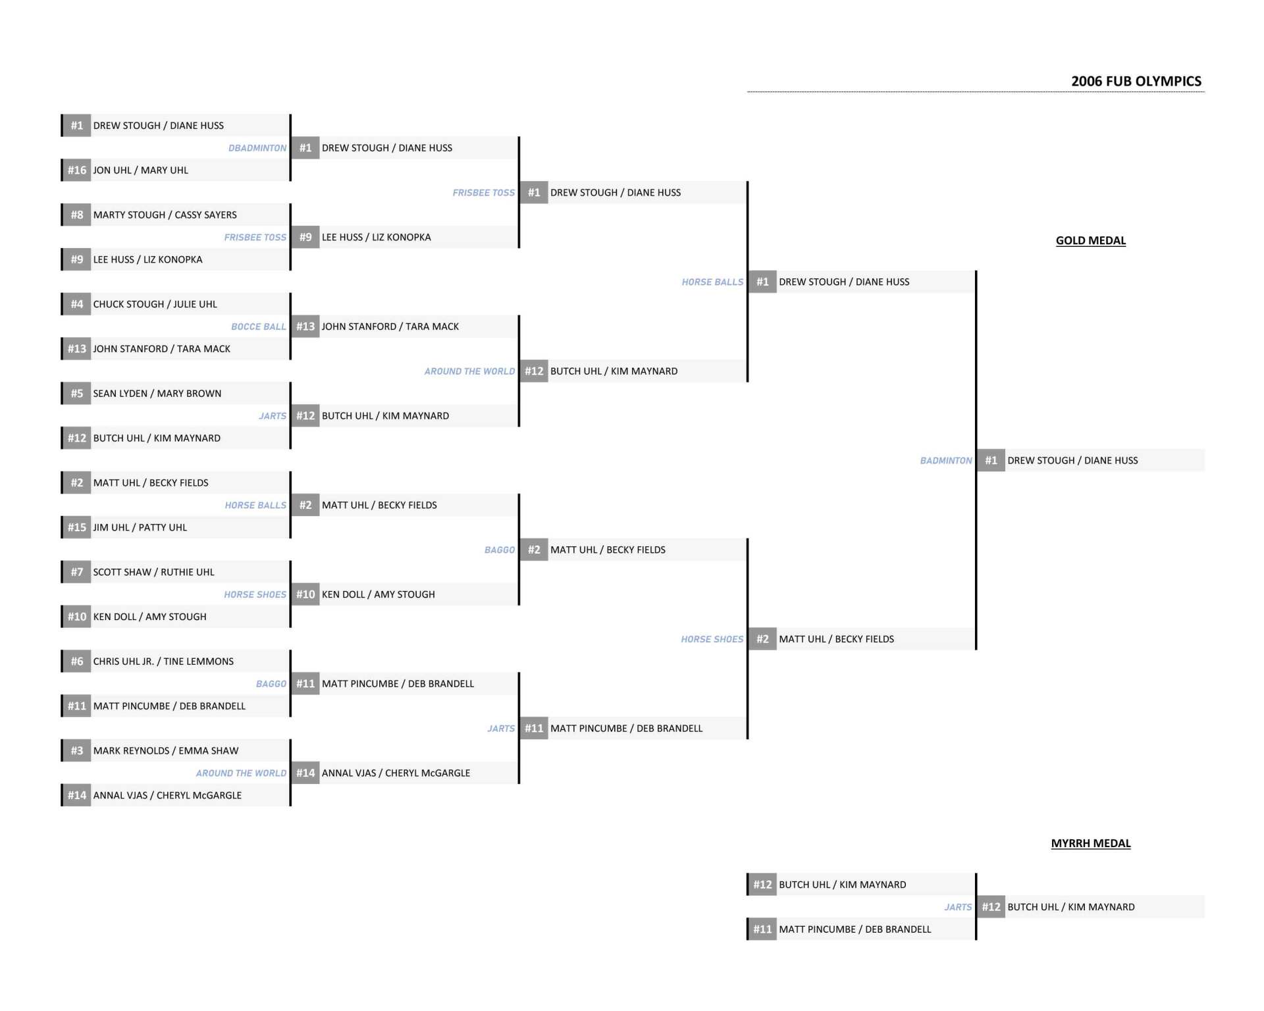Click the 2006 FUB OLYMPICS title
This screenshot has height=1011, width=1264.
[x=1136, y=81]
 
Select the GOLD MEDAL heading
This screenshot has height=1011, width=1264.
[x=1090, y=240]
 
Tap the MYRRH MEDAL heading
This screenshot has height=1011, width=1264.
[x=1090, y=843]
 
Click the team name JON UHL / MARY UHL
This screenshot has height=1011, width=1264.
[x=140, y=170]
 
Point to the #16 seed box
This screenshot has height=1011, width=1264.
[x=77, y=170]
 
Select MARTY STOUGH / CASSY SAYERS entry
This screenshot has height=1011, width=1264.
[x=165, y=215]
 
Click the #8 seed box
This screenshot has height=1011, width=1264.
[x=77, y=215]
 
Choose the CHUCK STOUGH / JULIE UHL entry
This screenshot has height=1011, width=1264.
[x=155, y=304]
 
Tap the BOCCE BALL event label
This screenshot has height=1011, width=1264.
[x=259, y=326]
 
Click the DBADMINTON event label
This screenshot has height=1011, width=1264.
[x=257, y=148]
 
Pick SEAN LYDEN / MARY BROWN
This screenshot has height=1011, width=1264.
[x=157, y=394]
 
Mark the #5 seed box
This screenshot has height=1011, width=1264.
[x=77, y=394]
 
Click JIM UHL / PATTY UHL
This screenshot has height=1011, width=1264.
[x=140, y=527]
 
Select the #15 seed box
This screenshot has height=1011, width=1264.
[x=77, y=527]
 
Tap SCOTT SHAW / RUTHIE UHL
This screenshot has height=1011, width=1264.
[x=153, y=572]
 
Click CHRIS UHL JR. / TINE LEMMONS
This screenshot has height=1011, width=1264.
[x=163, y=661]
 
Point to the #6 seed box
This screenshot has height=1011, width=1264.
[x=77, y=661]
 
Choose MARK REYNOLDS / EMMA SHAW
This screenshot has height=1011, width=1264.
[x=166, y=750]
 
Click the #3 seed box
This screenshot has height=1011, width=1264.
[x=77, y=750]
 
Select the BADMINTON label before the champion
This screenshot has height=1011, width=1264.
[x=946, y=461]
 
